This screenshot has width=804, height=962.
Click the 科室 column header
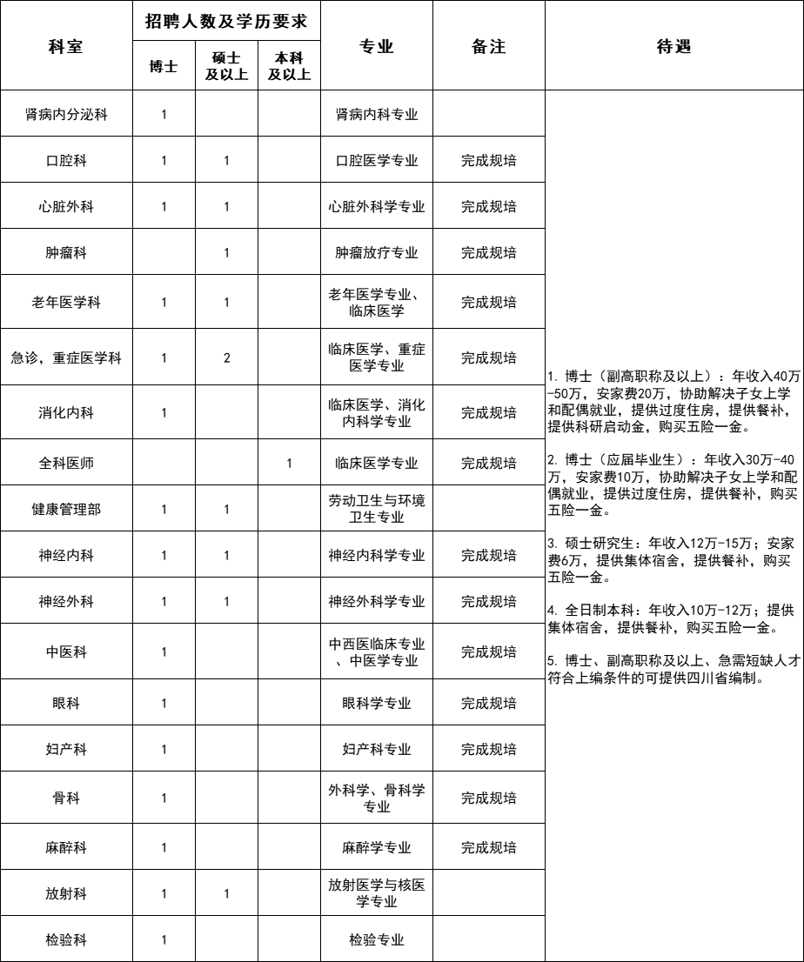(x=66, y=47)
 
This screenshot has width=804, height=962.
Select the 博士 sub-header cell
(x=164, y=66)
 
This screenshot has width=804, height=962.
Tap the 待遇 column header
(x=673, y=47)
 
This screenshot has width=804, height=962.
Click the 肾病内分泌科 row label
(x=66, y=114)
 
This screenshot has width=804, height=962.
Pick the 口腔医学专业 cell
(x=377, y=160)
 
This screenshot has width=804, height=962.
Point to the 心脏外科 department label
(x=66, y=206)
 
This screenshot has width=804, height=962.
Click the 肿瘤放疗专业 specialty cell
(x=377, y=252)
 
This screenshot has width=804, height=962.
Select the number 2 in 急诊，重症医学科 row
(x=226, y=357)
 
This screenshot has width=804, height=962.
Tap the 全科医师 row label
(x=66, y=463)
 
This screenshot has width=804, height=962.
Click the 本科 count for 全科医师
(x=289, y=463)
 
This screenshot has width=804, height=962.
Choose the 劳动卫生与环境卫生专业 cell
(x=377, y=509)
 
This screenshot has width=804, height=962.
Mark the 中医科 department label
(x=66, y=651)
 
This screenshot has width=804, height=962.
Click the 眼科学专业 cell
(x=377, y=703)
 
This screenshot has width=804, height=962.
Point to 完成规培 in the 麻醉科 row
(x=488, y=847)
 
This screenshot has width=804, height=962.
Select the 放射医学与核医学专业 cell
(x=377, y=893)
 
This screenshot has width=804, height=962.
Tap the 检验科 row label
(x=66, y=939)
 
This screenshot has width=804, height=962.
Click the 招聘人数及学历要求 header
(x=226, y=20)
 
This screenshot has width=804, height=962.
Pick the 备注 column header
(x=488, y=47)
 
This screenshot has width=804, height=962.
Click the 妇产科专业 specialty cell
(x=377, y=749)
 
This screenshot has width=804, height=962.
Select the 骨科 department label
(x=66, y=798)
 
